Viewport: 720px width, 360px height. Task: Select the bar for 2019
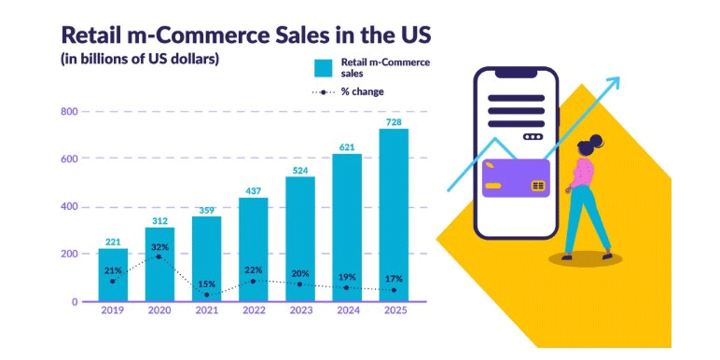pyautogui.click(x=113, y=275)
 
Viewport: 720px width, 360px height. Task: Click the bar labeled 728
pyautogui.click(x=394, y=215)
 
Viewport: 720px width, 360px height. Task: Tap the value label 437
pyautogui.click(x=254, y=191)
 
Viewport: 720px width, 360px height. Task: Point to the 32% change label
pyautogui.click(x=160, y=247)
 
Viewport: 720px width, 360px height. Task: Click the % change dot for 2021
pyautogui.click(x=207, y=295)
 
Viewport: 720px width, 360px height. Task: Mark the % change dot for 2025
pyautogui.click(x=394, y=290)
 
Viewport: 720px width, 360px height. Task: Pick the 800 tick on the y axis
pyautogui.click(x=68, y=111)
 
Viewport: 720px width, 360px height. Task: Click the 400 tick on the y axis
pyautogui.click(x=68, y=207)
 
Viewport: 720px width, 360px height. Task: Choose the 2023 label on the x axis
pyautogui.click(x=300, y=311)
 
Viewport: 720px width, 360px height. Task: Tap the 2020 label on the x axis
pyautogui.click(x=159, y=311)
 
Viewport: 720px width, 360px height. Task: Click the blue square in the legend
pyautogui.click(x=324, y=68)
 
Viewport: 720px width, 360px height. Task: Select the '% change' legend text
pyautogui.click(x=362, y=91)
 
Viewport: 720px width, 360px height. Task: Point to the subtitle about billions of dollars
pyautogui.click(x=139, y=60)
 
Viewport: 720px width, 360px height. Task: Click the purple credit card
pyautogui.click(x=516, y=178)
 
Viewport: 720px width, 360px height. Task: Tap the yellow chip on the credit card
pyautogui.click(x=538, y=186)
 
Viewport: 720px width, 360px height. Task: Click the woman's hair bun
pyautogui.click(x=596, y=139)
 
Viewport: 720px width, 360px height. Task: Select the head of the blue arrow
pyautogui.click(x=613, y=84)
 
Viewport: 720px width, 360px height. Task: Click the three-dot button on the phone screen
pyautogui.click(x=533, y=137)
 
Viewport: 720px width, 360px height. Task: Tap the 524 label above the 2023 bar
pyautogui.click(x=300, y=171)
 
